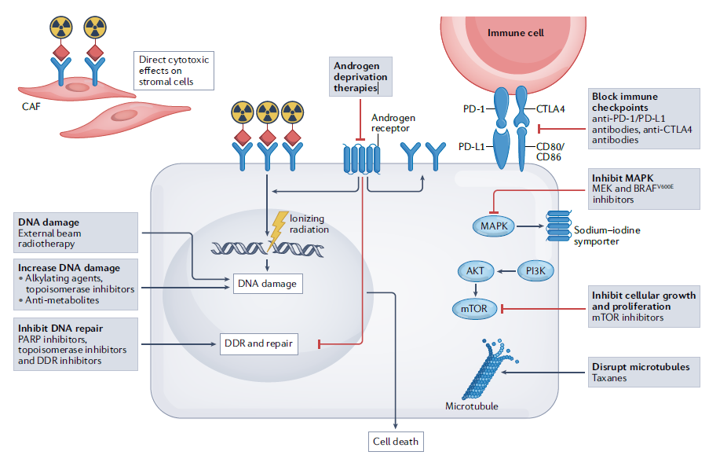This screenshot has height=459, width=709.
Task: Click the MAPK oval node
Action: (492, 226)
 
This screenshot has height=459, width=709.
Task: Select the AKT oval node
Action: (475, 272)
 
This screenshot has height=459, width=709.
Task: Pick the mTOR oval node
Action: (475, 309)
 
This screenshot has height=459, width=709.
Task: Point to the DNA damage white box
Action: (268, 283)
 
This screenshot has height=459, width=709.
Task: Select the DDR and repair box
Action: (259, 343)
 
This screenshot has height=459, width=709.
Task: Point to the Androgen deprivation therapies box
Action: (360, 78)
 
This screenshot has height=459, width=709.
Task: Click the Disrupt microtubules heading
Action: (641, 366)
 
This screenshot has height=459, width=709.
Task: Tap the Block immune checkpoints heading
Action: (625, 101)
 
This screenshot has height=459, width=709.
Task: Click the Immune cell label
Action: (515, 33)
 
